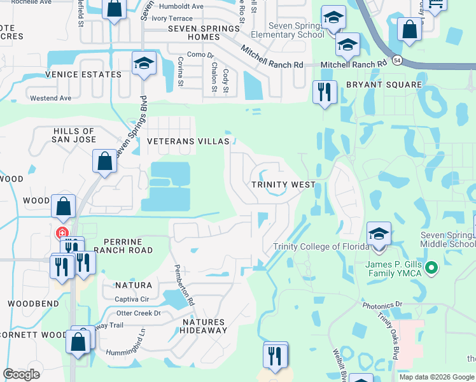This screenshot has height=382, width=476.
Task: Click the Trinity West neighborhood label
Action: coord(283,185)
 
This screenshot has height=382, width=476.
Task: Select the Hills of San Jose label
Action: coord(74,136)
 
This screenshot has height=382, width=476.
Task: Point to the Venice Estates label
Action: coord(83,74)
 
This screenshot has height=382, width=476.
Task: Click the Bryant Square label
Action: coord(384,85)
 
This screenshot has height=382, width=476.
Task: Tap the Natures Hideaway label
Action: coord(203,326)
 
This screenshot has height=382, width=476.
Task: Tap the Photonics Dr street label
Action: coord(382,306)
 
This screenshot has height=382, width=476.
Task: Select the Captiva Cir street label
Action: coord(132,299)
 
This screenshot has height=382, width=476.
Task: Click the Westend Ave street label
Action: coord(52,98)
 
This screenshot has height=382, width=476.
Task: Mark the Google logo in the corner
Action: coord(21,374)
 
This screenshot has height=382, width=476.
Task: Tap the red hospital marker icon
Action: coord(62,232)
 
